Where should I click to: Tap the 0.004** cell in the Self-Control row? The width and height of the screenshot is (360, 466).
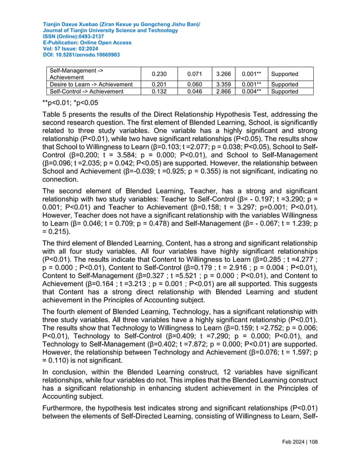(x=250, y=91)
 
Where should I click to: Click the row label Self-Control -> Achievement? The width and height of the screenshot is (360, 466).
(x=87, y=91)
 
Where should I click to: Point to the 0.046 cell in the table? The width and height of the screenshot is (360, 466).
(x=187, y=91)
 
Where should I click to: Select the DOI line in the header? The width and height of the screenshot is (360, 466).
(x=81, y=55)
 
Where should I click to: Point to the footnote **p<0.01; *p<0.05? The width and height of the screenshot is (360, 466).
(x=71, y=103)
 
